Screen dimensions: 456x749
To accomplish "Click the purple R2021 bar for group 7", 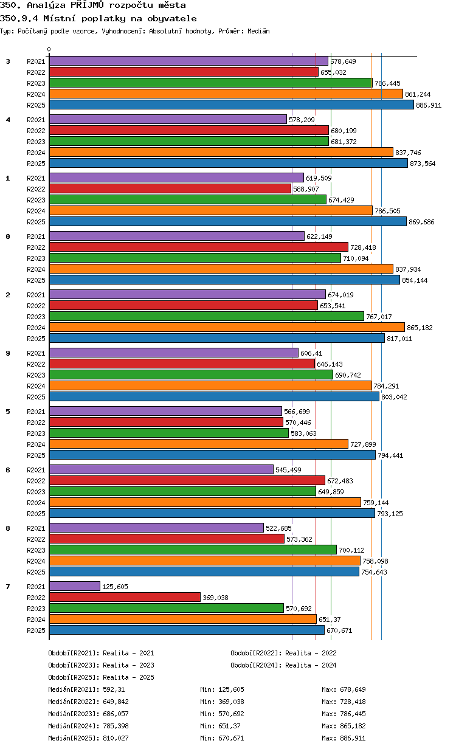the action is pos(75,586).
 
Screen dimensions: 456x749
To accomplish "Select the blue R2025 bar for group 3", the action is pos(231,105).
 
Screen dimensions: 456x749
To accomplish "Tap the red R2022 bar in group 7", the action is pos(125,597).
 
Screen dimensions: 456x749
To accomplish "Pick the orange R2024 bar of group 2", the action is pos(227,327).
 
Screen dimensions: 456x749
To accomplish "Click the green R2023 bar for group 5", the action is pos(169,433).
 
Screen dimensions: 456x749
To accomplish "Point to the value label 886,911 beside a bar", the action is pos(429,105).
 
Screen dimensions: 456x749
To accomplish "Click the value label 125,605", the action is pos(115,587).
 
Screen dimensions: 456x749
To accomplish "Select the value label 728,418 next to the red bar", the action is pos(363,247).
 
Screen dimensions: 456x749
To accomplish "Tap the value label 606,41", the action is pos(311,353).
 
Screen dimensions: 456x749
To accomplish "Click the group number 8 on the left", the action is pos(8,528).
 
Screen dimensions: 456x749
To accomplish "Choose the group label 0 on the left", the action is pos(8,236).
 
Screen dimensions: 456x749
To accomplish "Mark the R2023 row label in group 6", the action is pos(36,492).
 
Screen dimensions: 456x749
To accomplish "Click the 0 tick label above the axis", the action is pos(49,49).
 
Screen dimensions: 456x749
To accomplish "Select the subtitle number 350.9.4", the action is pos(19,19).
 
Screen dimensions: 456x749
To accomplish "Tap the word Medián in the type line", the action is pos(258,32).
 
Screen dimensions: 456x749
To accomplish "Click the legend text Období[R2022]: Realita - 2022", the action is pos(283,653).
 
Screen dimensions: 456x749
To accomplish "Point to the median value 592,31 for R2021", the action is pos(114,689).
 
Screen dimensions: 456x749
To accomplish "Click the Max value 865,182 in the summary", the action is pos(353,726).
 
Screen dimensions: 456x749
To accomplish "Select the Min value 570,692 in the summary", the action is pos(231,714).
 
